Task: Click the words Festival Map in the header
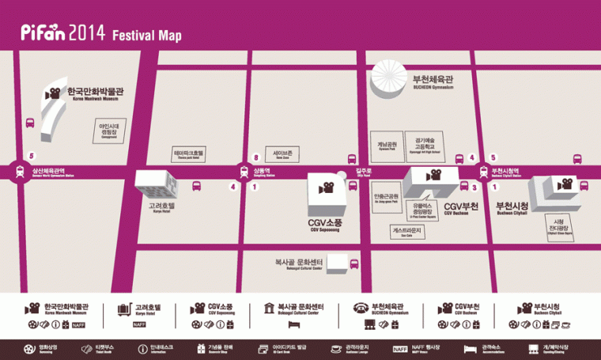click(x=147, y=36)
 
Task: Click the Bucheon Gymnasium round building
click(x=391, y=82)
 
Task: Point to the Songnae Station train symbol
click(x=244, y=171)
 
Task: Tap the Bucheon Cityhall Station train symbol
click(x=483, y=171)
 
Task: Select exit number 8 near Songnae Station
click(x=255, y=157)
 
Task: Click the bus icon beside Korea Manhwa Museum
click(x=31, y=123)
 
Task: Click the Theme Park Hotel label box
click(x=188, y=153)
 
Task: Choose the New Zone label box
click(x=282, y=153)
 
